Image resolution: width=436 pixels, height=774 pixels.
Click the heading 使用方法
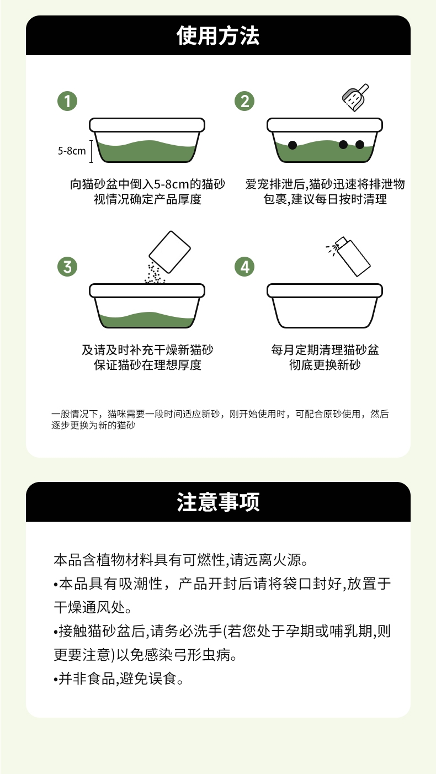click(218, 36)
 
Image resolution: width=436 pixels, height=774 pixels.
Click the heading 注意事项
click(218, 502)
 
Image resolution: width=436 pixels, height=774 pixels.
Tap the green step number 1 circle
click(67, 101)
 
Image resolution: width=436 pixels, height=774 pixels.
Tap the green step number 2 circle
click(244, 101)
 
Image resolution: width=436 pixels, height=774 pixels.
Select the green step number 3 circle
click(67, 266)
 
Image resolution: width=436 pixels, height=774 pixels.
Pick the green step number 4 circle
click(244, 266)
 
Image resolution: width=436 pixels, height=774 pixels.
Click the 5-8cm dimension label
click(72, 150)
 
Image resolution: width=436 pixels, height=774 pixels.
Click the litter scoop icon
click(354, 98)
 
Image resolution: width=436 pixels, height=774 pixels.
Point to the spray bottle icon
click(348, 256)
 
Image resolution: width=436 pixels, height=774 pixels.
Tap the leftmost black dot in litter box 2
click(293, 145)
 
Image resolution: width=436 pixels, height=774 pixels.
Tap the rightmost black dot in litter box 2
click(360, 145)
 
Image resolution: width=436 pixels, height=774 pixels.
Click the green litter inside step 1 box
click(147, 152)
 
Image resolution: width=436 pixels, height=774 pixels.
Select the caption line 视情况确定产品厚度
click(147, 199)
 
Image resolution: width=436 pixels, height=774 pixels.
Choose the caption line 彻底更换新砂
click(325, 365)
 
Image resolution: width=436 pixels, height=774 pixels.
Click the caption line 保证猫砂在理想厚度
click(147, 365)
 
